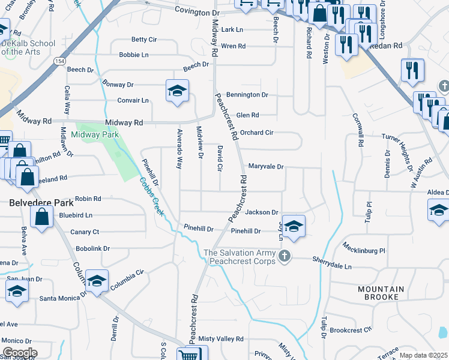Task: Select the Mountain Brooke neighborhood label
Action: point(386,293)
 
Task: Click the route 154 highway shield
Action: point(58,61)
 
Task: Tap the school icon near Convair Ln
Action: point(176,91)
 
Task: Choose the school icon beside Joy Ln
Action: point(294,226)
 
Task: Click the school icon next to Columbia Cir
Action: point(96,281)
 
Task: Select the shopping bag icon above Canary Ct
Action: point(41,217)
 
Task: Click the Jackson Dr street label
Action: point(262,212)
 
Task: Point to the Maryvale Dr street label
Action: point(266,166)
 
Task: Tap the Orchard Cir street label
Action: point(256,132)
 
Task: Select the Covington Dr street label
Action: point(197,12)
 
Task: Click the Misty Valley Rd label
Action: point(221,339)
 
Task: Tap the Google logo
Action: point(19,353)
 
